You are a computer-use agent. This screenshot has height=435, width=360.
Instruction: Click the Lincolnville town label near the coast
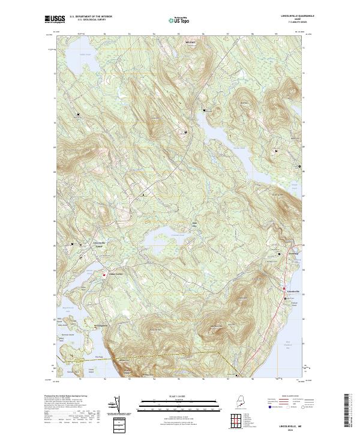click(x=293, y=290)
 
